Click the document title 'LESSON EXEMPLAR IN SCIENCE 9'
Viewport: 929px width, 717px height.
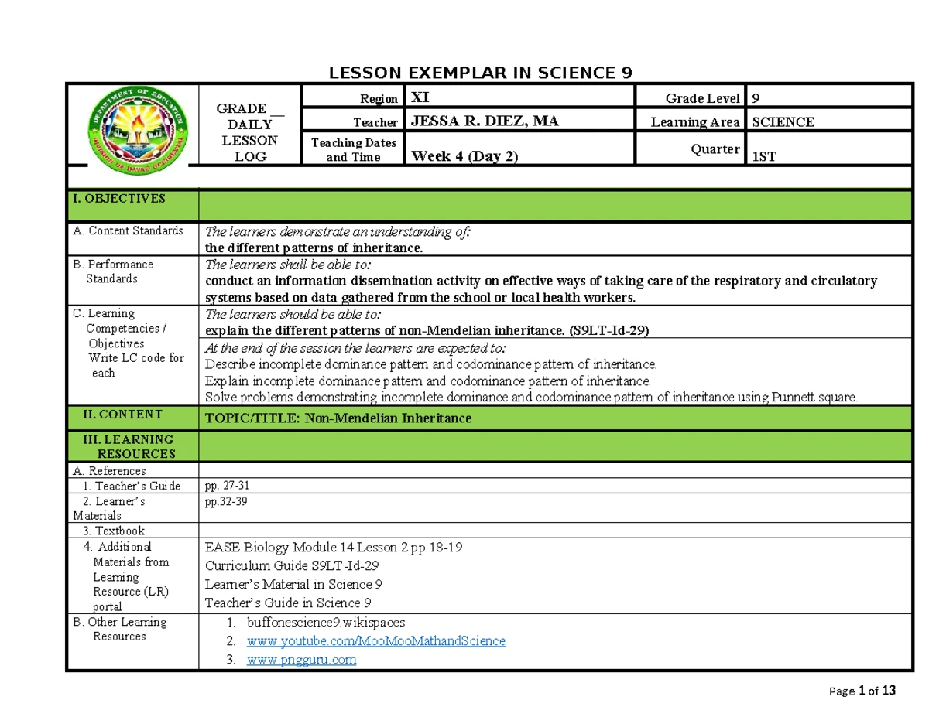point(481,73)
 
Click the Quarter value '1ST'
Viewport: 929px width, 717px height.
point(766,157)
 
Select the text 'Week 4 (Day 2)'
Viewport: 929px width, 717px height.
point(464,156)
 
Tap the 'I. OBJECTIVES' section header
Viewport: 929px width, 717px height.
point(118,199)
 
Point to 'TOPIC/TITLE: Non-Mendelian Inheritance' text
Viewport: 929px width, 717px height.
point(338,418)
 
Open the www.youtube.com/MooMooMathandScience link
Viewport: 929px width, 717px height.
point(375,641)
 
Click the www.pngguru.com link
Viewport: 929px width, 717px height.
point(301,660)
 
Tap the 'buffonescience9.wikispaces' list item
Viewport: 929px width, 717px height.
point(325,622)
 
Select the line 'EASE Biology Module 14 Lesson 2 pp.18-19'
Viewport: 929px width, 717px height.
point(334,548)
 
